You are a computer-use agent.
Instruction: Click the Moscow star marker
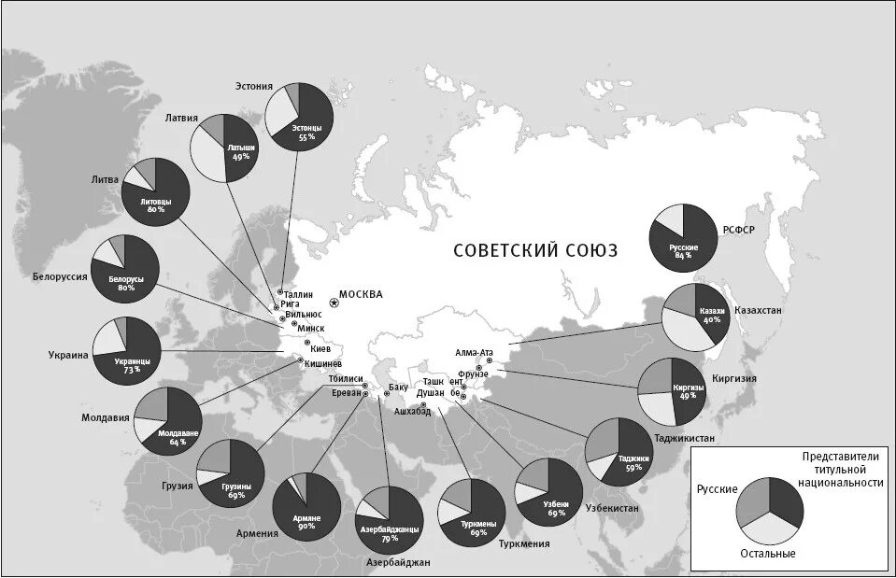(x=334, y=303)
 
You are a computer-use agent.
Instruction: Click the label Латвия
(x=181, y=119)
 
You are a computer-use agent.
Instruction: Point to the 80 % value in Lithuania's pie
(x=155, y=209)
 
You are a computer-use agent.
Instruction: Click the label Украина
(x=68, y=355)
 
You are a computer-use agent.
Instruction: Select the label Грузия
(x=176, y=486)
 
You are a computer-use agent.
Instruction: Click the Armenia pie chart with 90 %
(x=306, y=504)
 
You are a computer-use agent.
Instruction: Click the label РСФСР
(x=739, y=230)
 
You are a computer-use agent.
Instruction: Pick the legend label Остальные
(x=770, y=554)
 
